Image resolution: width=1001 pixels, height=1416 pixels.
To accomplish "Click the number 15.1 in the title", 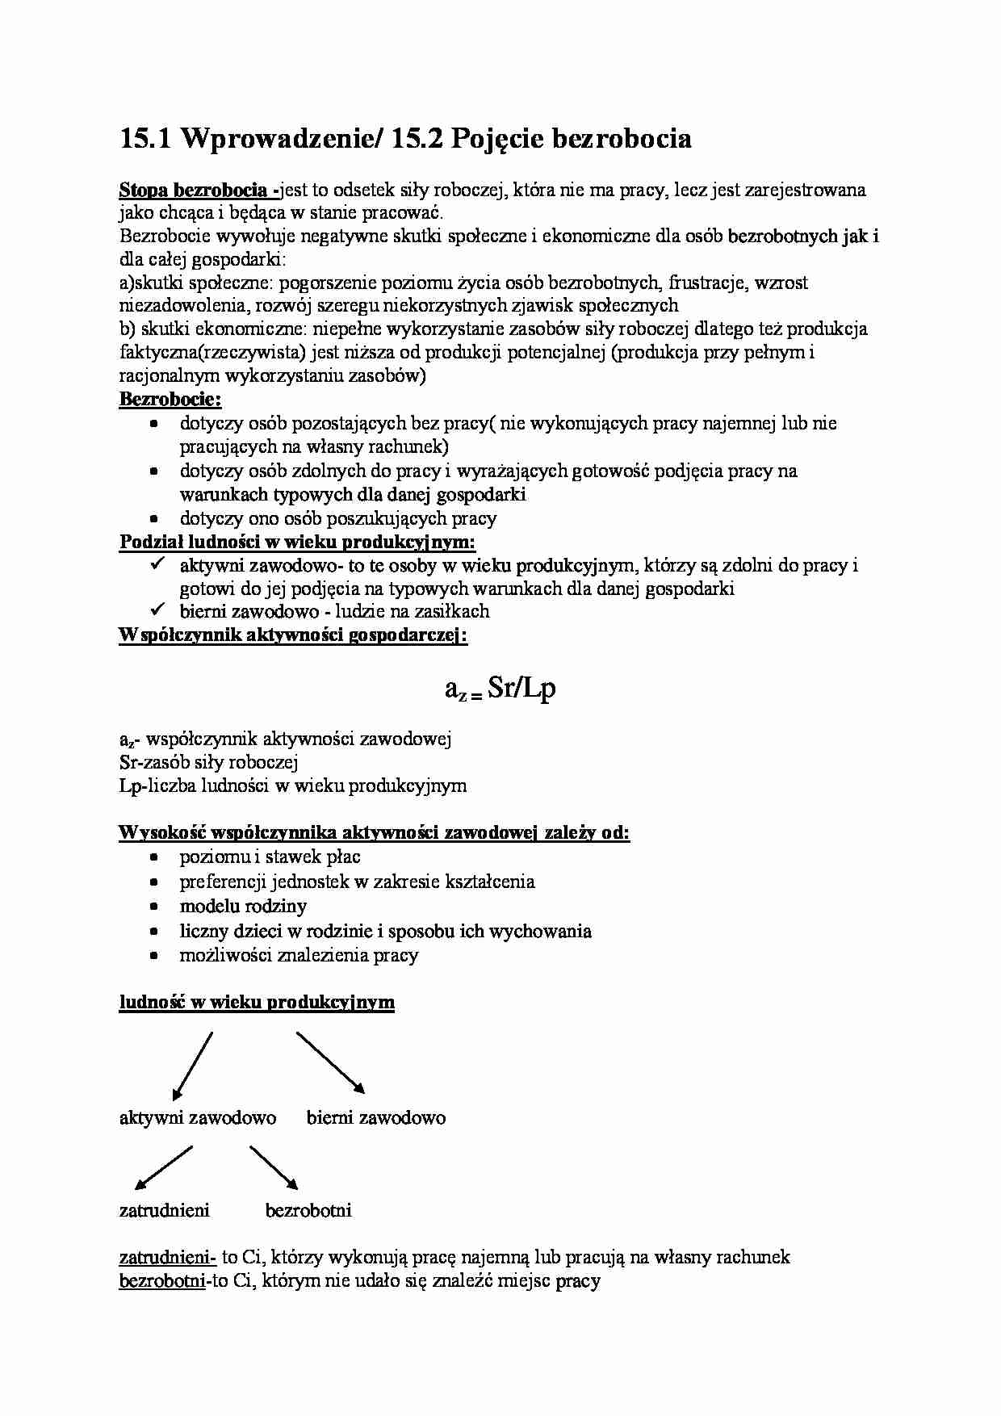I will (x=144, y=140).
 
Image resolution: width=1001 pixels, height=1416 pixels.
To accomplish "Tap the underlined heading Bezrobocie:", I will (x=170, y=400).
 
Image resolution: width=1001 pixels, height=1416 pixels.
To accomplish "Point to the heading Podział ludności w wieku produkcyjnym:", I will (x=297, y=543).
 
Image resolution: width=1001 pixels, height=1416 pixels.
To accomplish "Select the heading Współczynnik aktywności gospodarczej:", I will (x=293, y=635).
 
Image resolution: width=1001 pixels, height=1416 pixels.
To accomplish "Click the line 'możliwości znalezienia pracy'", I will (x=299, y=956).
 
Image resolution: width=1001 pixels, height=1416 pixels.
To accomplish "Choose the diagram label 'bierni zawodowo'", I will (x=375, y=1118).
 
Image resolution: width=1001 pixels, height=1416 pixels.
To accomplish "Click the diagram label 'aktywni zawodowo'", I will (x=198, y=1118).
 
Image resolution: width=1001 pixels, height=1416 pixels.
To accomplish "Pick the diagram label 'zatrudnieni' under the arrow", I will (x=164, y=1210).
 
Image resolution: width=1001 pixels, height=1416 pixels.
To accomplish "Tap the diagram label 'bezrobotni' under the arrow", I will (x=308, y=1210).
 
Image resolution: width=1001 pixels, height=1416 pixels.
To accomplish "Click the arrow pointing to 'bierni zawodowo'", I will (x=331, y=1062).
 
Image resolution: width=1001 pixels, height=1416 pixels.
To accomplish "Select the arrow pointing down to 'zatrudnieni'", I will (x=164, y=1167).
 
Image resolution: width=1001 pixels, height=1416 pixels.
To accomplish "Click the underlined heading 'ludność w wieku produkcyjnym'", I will (x=257, y=1003).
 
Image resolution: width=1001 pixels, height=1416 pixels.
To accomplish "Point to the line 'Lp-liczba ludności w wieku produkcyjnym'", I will (x=292, y=786).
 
